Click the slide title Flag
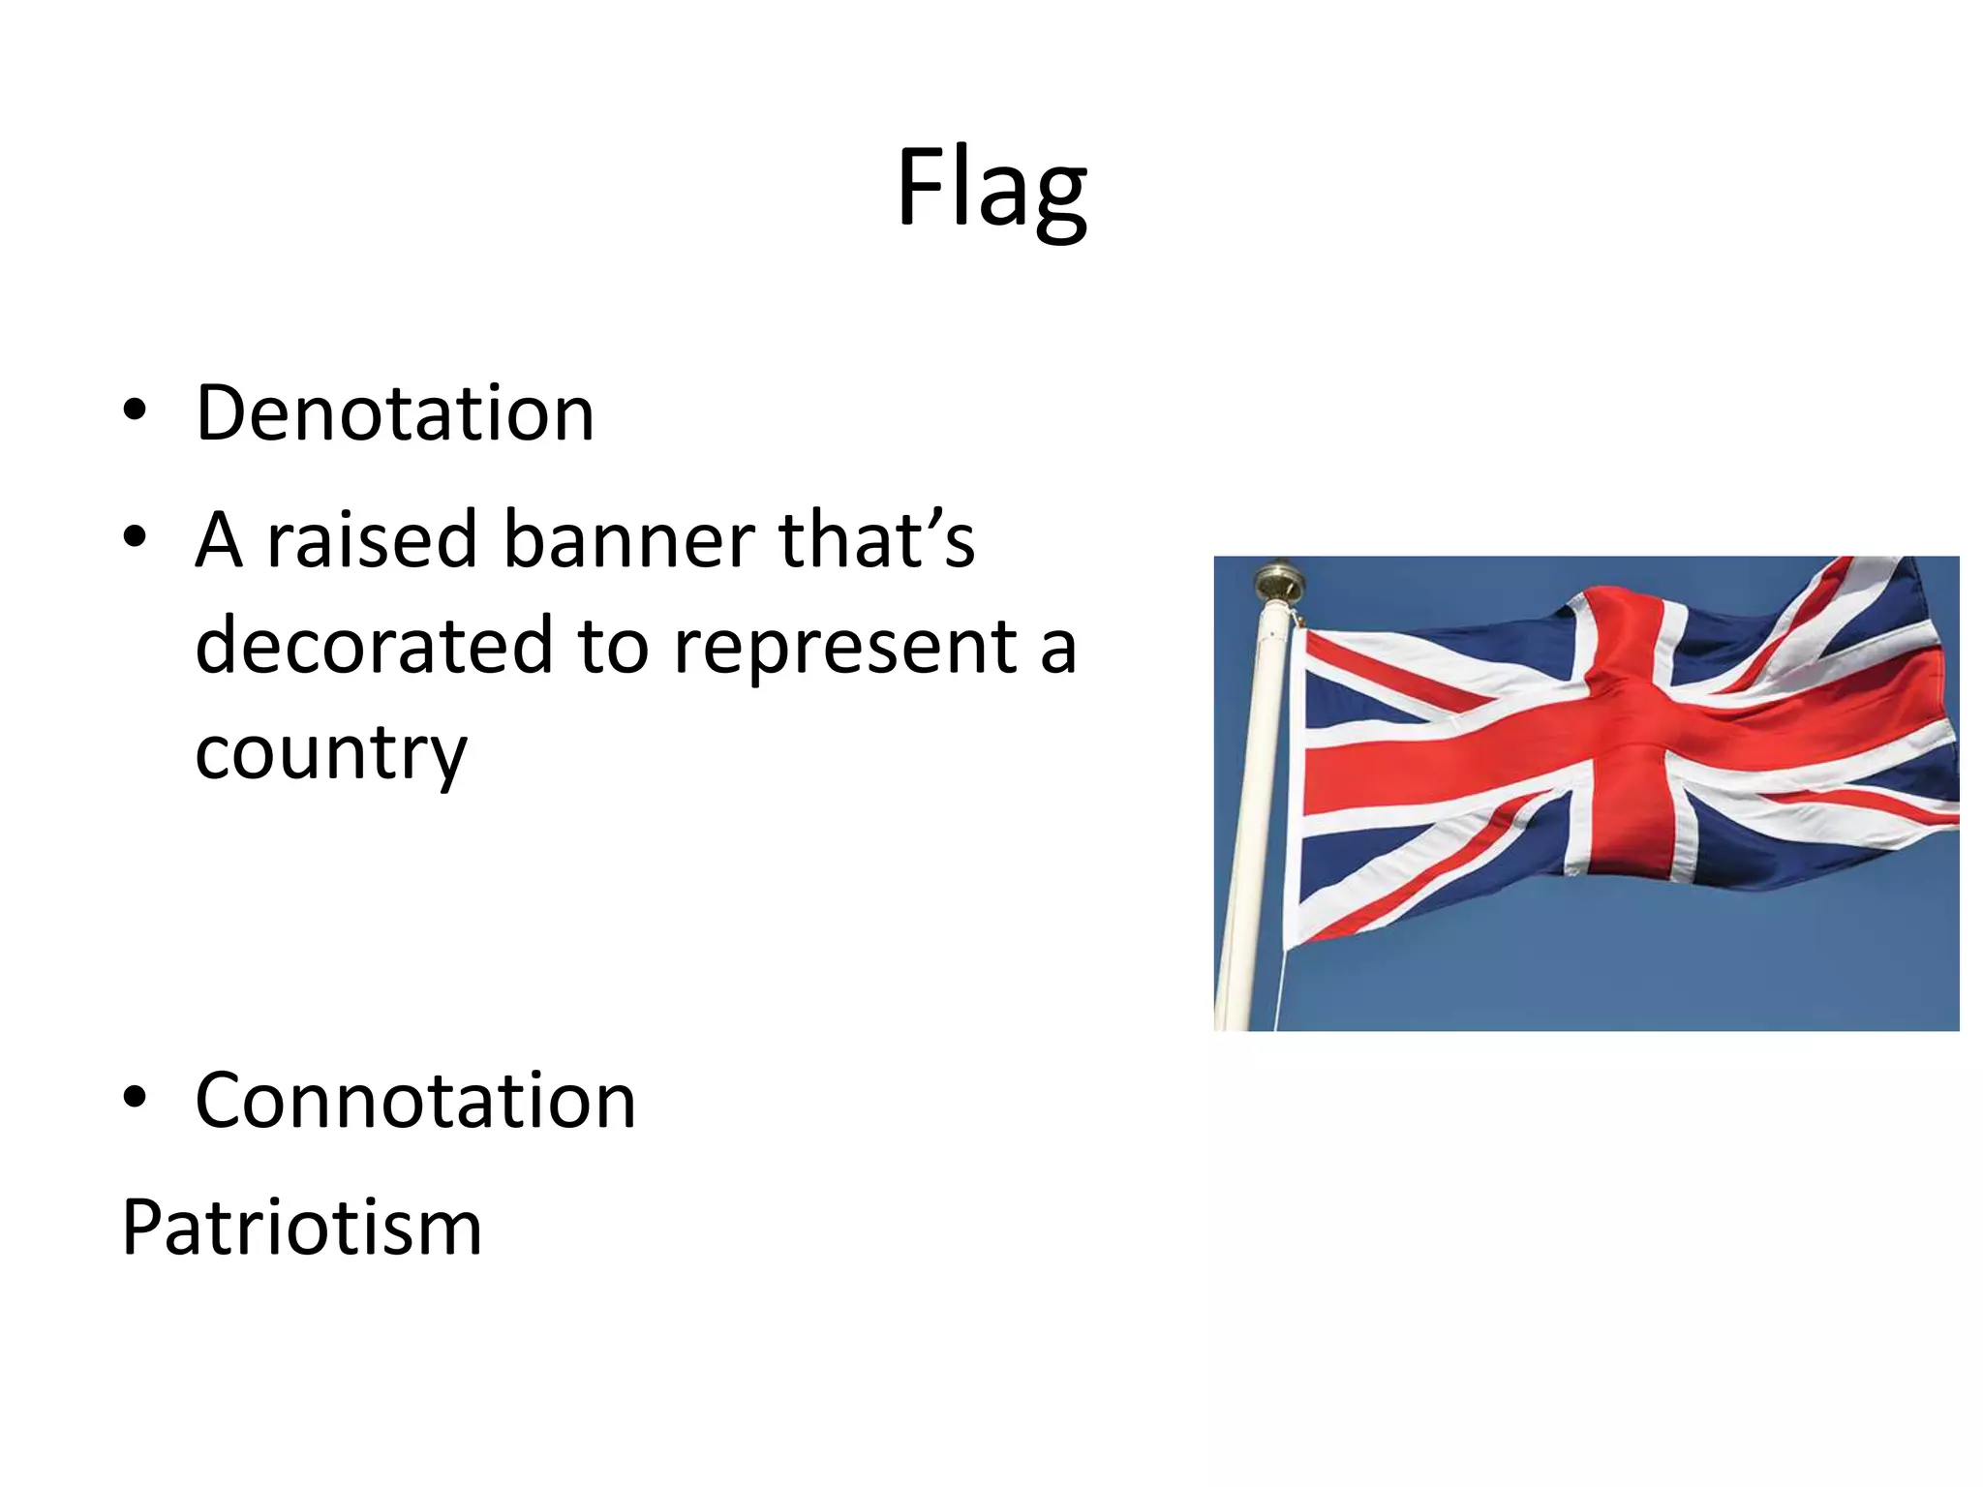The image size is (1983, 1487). click(x=991, y=189)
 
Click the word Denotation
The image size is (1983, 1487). click(x=395, y=413)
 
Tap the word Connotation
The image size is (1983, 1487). click(x=415, y=1101)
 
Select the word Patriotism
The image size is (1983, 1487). click(x=301, y=1228)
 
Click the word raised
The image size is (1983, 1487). click(x=372, y=539)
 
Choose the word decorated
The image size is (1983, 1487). click(x=374, y=646)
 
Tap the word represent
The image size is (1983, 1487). click(x=844, y=646)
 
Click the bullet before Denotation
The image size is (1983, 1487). click(x=135, y=410)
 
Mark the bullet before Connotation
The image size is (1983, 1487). click(x=135, y=1097)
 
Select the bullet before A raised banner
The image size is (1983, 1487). click(x=135, y=535)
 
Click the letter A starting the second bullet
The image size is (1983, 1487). click(x=219, y=539)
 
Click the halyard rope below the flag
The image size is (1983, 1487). click(x=1280, y=987)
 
